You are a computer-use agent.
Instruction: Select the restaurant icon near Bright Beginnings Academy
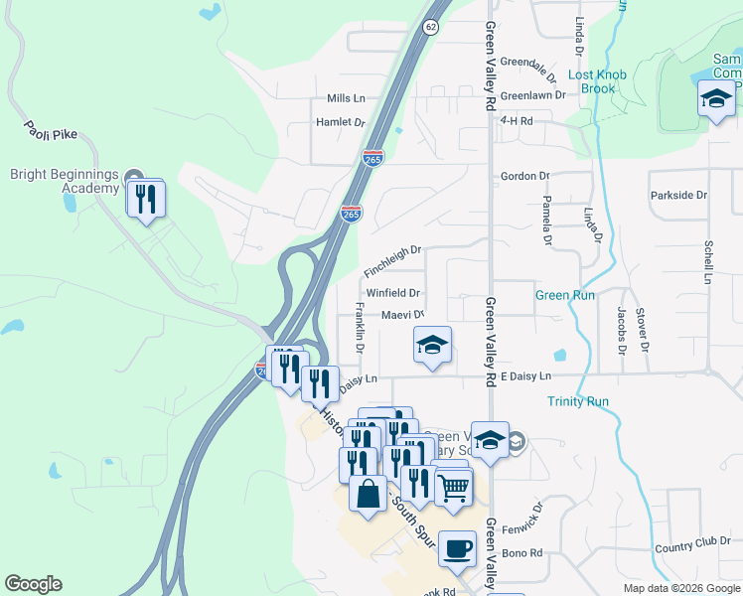click(145, 198)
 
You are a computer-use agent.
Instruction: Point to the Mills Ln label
click(346, 98)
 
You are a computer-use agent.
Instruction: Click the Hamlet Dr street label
click(340, 122)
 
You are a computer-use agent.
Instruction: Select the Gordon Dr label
click(524, 176)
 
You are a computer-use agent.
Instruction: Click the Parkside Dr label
click(678, 195)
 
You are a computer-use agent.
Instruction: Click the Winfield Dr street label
click(393, 293)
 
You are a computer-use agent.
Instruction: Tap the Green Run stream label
click(565, 295)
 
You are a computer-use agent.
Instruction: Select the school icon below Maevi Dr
click(432, 345)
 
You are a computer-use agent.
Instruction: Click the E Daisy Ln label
click(523, 377)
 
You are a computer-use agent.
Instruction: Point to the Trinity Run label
click(577, 401)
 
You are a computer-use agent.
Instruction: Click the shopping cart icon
click(453, 487)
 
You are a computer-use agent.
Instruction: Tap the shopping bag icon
click(368, 493)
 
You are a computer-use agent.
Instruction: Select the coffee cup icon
click(457, 548)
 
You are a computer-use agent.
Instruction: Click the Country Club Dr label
click(693, 546)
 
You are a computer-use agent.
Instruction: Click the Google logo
click(33, 584)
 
